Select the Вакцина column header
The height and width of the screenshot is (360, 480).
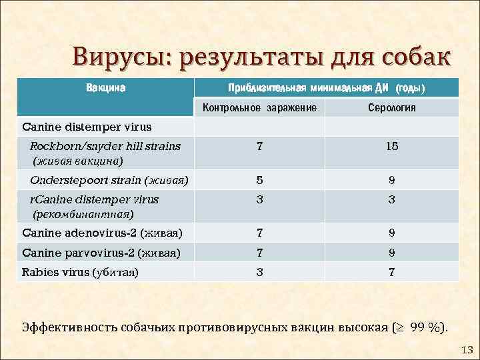107,87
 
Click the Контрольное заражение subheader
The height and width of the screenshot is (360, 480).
259,107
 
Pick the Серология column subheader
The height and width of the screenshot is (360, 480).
392,107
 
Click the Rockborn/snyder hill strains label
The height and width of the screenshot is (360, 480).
105,146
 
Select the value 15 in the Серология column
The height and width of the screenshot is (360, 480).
392,147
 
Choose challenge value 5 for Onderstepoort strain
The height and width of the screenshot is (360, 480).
260,180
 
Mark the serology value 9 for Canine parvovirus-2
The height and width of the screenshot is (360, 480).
392,252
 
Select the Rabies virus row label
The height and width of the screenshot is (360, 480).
80,271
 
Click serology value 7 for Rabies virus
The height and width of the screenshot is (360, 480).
392,271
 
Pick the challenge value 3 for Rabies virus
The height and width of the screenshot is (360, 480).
260,271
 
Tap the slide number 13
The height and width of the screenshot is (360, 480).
467,350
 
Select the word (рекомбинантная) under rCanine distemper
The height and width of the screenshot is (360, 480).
83,214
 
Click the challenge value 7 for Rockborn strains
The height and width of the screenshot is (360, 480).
260,147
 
